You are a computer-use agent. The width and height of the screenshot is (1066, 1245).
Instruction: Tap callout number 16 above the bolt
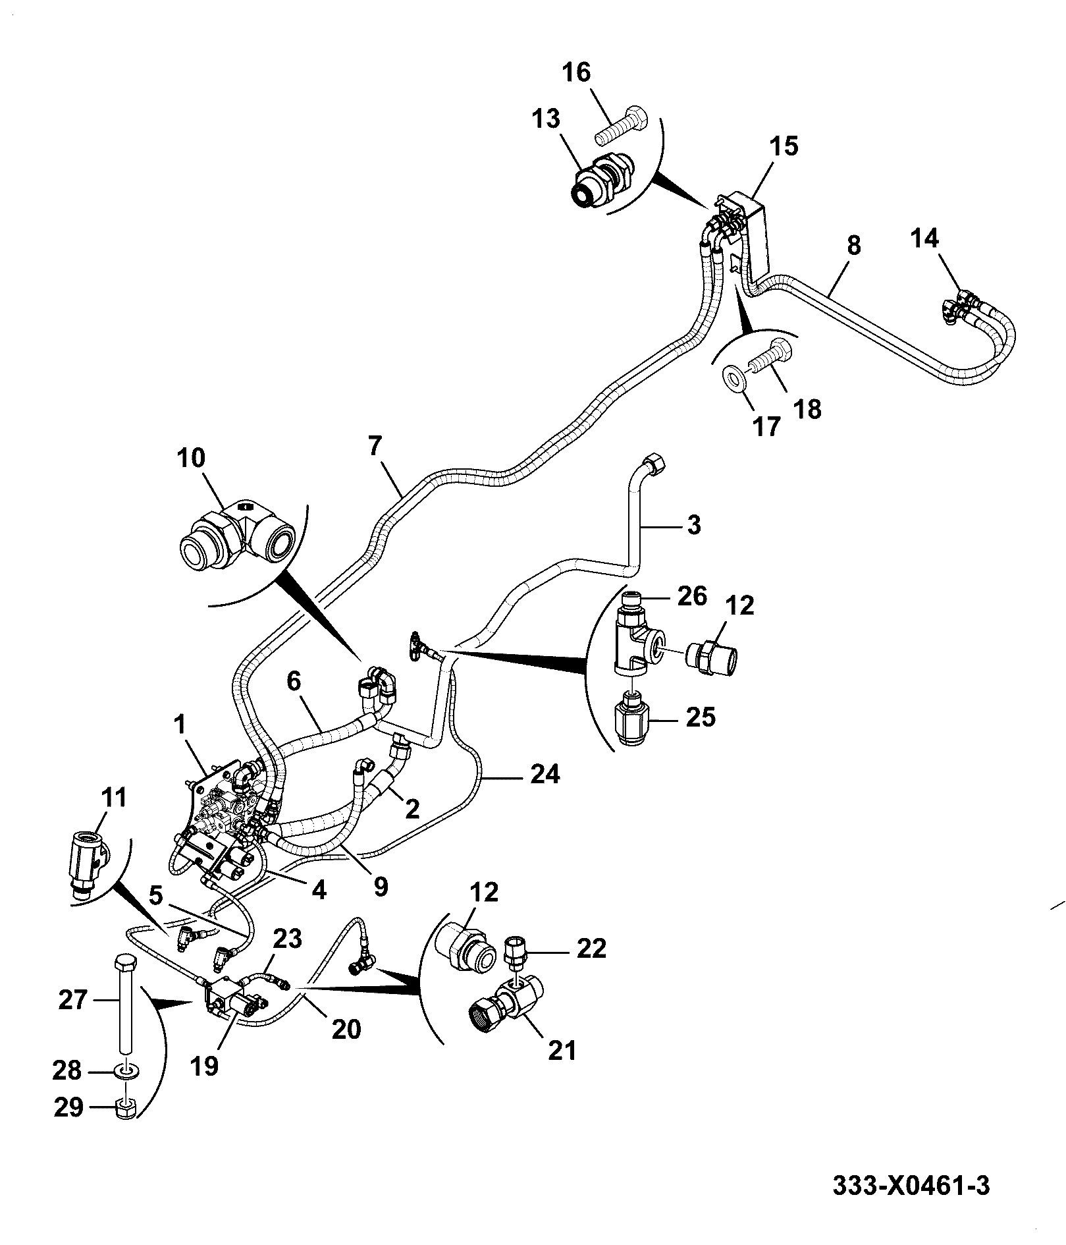coord(577,72)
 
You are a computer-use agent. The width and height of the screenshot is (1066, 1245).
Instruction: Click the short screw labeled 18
coord(771,355)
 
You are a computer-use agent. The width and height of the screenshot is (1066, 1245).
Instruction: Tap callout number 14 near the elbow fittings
coord(924,238)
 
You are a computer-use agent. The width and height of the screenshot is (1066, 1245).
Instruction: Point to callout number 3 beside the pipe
coord(694,526)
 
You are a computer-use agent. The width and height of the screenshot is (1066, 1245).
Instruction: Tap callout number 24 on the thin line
coord(545,774)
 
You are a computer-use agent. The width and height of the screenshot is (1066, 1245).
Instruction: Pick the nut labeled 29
coord(125,1109)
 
